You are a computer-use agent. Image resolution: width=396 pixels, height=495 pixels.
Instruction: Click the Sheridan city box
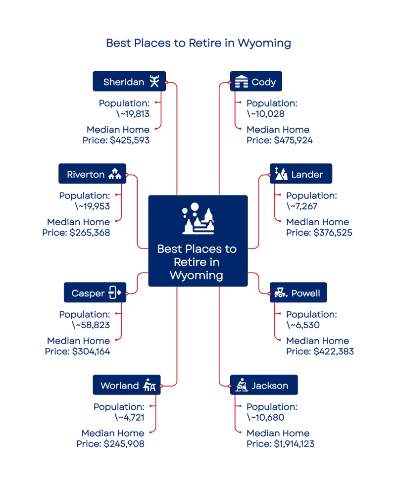pyautogui.click(x=129, y=82)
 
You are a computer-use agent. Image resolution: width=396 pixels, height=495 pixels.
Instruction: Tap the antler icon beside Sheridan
pyautogui.click(x=155, y=82)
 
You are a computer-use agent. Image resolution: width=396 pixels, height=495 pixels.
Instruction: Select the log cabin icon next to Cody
pyautogui.click(x=241, y=82)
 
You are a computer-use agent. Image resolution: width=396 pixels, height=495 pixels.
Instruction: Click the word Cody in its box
pyautogui.click(x=263, y=82)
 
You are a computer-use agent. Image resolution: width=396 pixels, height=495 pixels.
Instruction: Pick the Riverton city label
pyautogui.click(x=86, y=174)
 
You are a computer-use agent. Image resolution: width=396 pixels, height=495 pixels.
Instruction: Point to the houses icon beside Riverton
pyautogui.click(x=115, y=174)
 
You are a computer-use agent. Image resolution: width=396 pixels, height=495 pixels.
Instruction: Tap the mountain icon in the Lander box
pyautogui.click(x=280, y=174)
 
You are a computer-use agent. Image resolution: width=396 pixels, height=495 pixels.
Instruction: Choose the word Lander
pyautogui.click(x=307, y=174)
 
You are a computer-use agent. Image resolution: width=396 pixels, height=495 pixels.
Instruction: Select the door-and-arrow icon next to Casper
pyautogui.click(x=115, y=293)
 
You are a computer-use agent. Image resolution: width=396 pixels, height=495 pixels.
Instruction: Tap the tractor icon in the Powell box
pyautogui.click(x=281, y=293)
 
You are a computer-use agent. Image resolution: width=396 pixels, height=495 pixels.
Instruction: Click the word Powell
pyautogui.click(x=305, y=293)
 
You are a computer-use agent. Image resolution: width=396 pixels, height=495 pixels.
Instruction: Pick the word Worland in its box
pyautogui.click(x=119, y=386)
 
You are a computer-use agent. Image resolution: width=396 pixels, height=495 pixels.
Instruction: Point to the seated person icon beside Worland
pyautogui.click(x=149, y=385)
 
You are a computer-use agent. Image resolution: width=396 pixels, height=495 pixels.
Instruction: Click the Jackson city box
pyautogui.click(x=264, y=385)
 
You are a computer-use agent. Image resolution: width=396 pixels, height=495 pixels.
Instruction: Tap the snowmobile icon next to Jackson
pyautogui.click(x=241, y=385)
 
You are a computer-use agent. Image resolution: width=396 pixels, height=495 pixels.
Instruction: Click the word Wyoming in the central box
pyautogui.click(x=197, y=275)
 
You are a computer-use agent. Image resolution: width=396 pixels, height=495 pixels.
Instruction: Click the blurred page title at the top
pyautogui.click(x=198, y=43)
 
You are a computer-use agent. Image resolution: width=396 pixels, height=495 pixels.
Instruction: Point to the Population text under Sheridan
pyautogui.click(x=124, y=103)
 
